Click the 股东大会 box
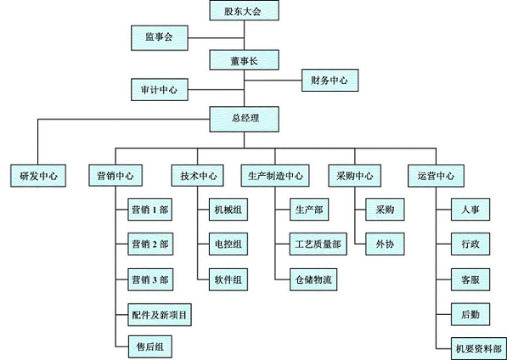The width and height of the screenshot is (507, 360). pos(244,10)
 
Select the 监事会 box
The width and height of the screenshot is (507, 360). pos(160,38)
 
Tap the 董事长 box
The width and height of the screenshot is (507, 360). pos(244,59)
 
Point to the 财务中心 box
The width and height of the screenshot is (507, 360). pos(330,80)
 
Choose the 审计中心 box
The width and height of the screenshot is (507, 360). pos(160,89)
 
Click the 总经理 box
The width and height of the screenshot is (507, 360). pos(244,119)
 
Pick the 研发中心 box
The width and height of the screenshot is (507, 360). pos(38,176)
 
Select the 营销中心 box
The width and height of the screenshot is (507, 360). pos(115,176)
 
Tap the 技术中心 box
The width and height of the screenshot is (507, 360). pos(197,176)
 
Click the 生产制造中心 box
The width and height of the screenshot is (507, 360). pos(275,176)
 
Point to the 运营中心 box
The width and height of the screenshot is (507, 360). pos(436,176)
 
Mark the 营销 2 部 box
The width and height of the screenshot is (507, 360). pos(150,244)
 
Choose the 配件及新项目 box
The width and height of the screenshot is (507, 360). pos(160,314)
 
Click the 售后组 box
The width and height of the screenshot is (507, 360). pos(150,346)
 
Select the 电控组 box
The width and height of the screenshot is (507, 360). pos(228,244)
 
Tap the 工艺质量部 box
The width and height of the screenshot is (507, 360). pos(318,244)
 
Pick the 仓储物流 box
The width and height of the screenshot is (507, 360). pos(313,279)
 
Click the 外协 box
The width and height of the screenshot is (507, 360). pos(385,244)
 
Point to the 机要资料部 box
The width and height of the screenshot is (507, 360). pos(479,348)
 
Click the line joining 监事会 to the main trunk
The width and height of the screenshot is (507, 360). pos(216,38)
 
